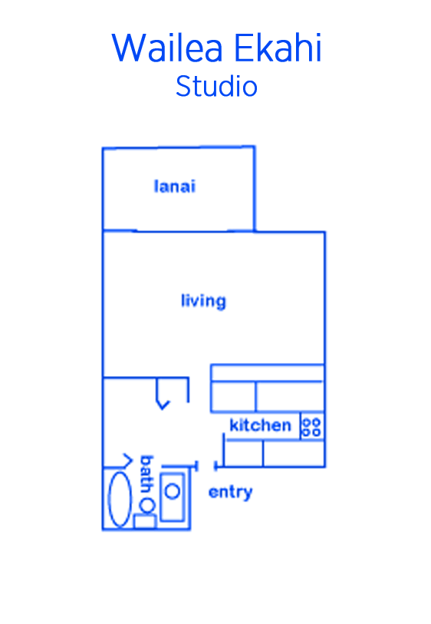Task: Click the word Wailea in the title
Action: [x=167, y=48]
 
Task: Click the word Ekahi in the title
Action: [x=278, y=48]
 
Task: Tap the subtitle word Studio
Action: [x=217, y=87]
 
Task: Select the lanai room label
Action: [x=175, y=187]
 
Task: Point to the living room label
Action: [x=203, y=301]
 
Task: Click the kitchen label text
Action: [x=261, y=425]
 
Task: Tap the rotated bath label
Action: [x=146, y=474]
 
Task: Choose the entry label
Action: [x=230, y=493]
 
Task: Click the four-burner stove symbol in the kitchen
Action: [x=311, y=427]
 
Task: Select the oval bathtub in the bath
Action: [x=120, y=499]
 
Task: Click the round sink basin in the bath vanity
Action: [x=172, y=491]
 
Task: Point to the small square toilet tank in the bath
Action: [x=144, y=521]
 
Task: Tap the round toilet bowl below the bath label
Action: [x=147, y=504]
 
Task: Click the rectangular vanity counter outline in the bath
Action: [x=172, y=497]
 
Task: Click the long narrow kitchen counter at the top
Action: [x=267, y=373]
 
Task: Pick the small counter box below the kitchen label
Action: [x=243, y=454]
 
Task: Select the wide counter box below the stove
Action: [x=294, y=454]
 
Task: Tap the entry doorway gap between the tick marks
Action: [x=206, y=466]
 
